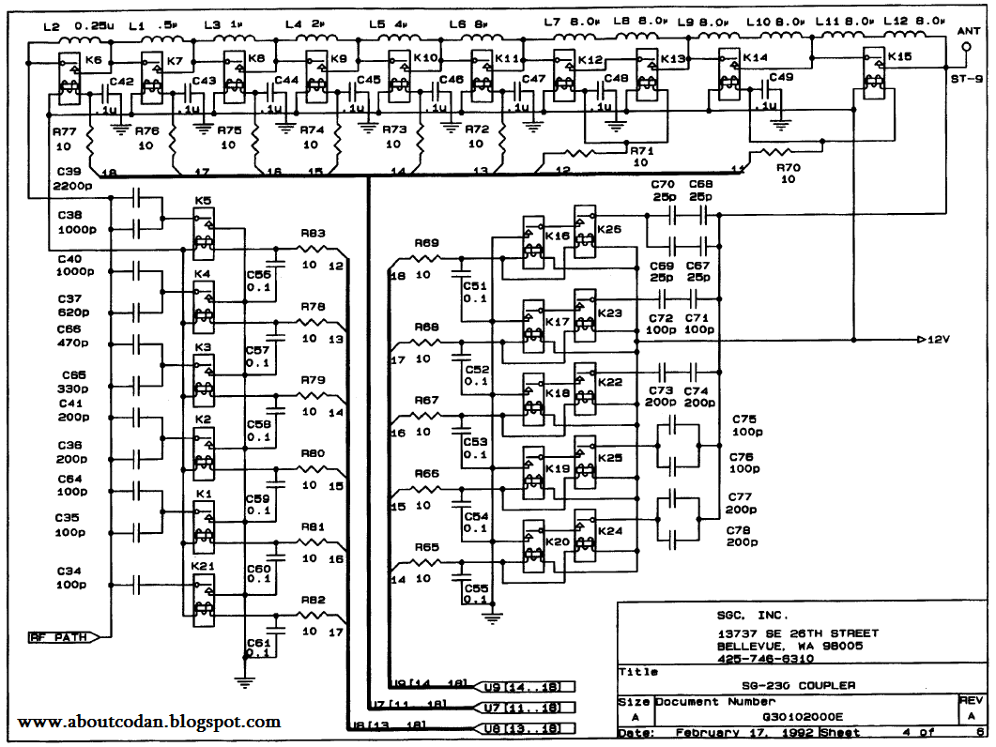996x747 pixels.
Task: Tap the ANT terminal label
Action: pyautogui.click(x=967, y=31)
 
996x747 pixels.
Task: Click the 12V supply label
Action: pyautogui.click(x=940, y=339)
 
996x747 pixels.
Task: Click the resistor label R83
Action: pyautogui.click(x=314, y=234)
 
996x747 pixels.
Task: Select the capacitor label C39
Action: pyautogui.click(x=69, y=174)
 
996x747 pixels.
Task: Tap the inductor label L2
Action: pyautogui.click(x=51, y=25)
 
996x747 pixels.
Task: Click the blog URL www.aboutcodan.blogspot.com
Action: pyautogui.click(x=148, y=722)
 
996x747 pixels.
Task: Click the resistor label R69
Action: pyautogui.click(x=427, y=243)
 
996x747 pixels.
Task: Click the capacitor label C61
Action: pyautogui.click(x=257, y=641)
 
